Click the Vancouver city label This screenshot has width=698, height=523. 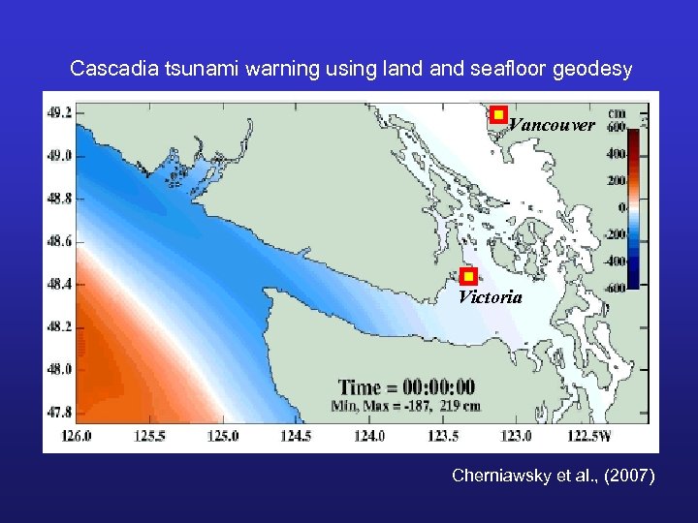552,125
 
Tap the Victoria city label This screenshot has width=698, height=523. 490,297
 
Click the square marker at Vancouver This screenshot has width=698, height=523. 498,114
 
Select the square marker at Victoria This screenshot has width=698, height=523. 468,277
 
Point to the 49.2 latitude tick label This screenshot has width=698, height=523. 59,112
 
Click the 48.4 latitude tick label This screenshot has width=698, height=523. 59,284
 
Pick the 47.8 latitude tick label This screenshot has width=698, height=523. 59,412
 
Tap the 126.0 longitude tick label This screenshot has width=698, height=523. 76,437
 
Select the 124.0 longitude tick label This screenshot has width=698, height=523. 368,437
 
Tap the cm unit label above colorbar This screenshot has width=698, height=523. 616,112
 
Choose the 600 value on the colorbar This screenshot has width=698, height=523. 615,127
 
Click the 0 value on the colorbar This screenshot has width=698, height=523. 621,207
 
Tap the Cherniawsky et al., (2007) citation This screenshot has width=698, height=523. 553,476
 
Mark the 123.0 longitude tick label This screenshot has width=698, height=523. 516,437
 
